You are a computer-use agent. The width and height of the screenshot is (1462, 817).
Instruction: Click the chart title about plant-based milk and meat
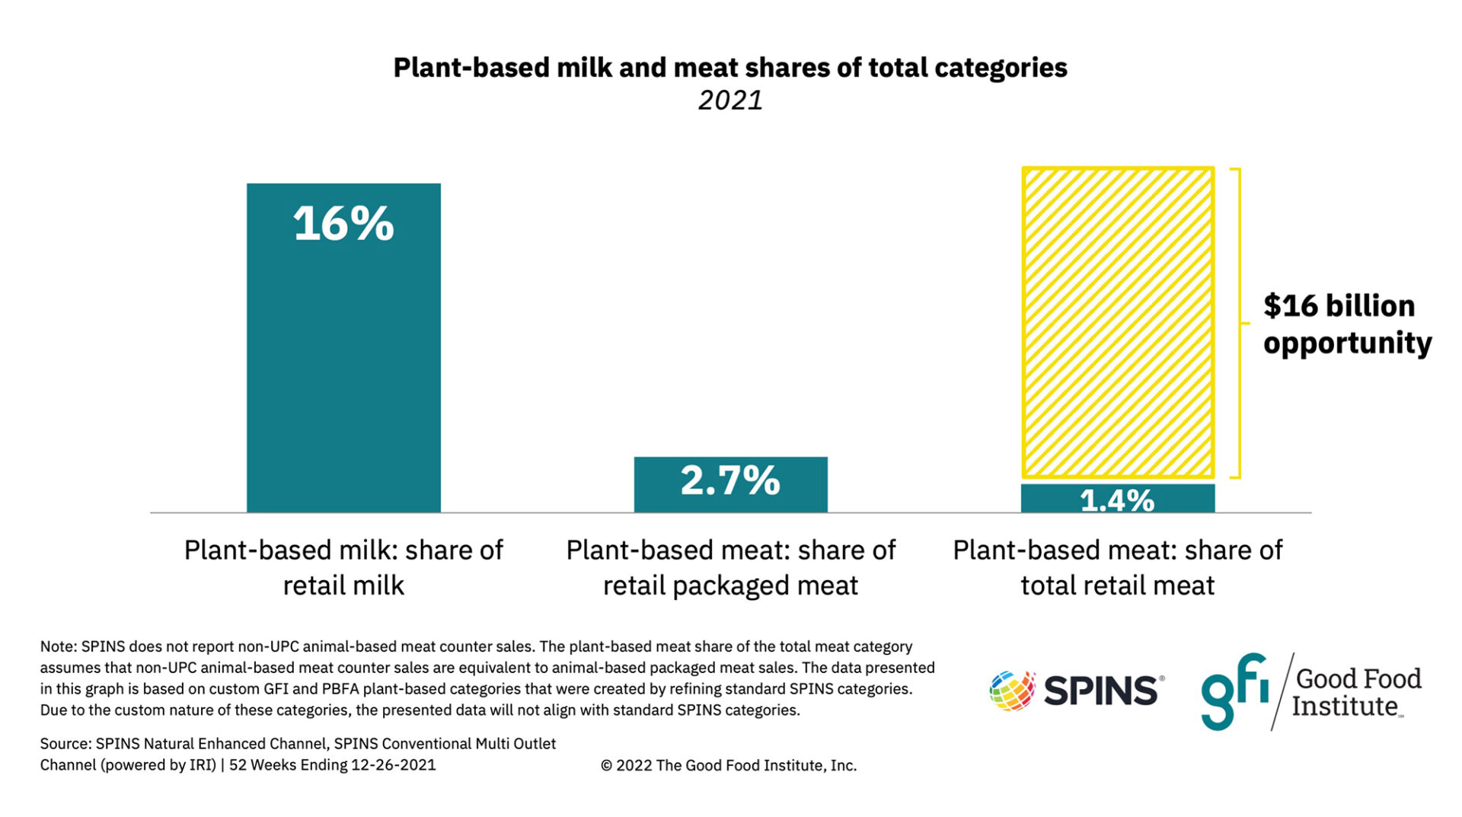click(729, 68)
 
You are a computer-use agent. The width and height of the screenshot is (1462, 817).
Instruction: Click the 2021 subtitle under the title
click(729, 101)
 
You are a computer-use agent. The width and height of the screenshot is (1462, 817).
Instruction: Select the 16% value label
click(343, 224)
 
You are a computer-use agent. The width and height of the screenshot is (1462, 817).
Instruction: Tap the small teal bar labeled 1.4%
click(1117, 499)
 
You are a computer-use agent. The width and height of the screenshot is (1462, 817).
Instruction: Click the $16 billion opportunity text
click(1346, 324)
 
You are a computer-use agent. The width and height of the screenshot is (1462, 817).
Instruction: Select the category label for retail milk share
click(343, 567)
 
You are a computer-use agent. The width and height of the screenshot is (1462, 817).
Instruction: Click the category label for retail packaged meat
click(730, 567)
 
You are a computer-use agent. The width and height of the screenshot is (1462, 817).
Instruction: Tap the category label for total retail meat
click(1117, 567)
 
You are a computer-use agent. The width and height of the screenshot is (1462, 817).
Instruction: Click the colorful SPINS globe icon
click(1012, 691)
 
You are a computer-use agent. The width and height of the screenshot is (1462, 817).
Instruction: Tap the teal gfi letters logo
click(1234, 691)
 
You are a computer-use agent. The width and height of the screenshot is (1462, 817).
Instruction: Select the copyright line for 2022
click(728, 765)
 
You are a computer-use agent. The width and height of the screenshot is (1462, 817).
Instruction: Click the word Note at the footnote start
click(57, 646)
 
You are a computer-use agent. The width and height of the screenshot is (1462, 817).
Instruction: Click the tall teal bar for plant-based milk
click(343, 365)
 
